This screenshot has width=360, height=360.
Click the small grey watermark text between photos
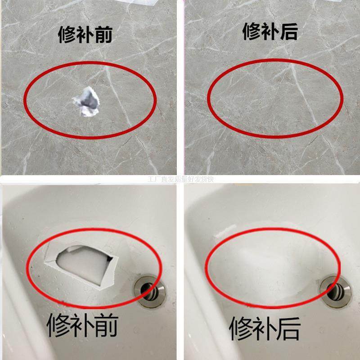180,179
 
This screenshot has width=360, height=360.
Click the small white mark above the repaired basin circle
223,234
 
